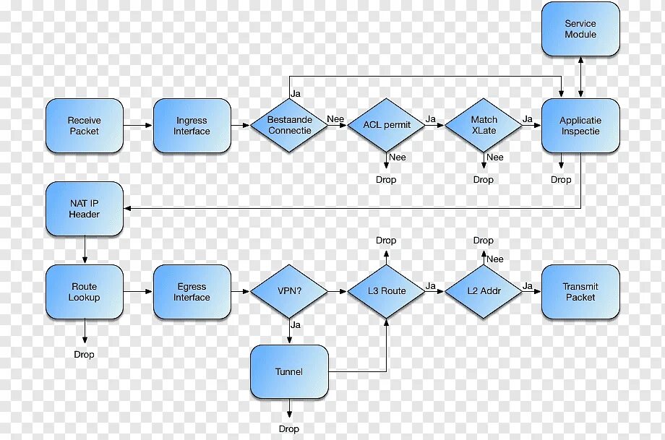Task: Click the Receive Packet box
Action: (85, 126)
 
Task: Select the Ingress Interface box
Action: (192, 126)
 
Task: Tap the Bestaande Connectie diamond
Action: (289, 125)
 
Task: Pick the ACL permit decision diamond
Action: (387, 125)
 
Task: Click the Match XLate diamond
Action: (484, 125)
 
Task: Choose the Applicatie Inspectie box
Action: (580, 126)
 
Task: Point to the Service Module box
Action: (580, 29)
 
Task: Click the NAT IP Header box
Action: (85, 209)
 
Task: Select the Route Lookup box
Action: (85, 292)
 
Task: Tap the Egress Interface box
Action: (192, 292)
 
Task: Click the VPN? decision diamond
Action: (289, 291)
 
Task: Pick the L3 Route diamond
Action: (387, 291)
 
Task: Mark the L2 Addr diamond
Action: (484, 291)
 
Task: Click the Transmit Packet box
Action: (580, 292)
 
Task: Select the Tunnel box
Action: (289, 372)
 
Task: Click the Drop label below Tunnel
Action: (289, 428)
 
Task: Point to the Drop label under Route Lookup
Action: (85, 355)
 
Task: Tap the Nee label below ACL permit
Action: (398, 158)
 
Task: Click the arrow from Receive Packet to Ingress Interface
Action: (138, 126)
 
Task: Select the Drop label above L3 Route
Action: (386, 241)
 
